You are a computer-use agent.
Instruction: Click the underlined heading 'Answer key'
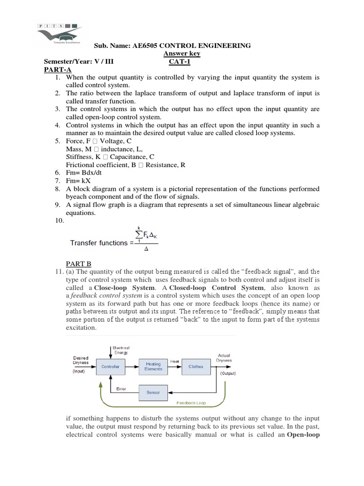[182, 54]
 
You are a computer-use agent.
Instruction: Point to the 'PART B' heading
[78, 263]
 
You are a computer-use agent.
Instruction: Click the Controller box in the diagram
[110, 366]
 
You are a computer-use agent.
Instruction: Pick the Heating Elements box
[153, 366]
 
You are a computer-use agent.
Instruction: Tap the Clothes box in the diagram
[196, 366]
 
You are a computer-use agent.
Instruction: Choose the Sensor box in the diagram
[153, 393]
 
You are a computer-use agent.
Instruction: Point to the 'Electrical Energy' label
[119, 350]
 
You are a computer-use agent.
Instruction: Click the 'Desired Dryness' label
[81, 360]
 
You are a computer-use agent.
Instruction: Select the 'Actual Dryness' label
[224, 358]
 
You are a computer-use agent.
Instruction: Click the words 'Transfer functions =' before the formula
[99, 243]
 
